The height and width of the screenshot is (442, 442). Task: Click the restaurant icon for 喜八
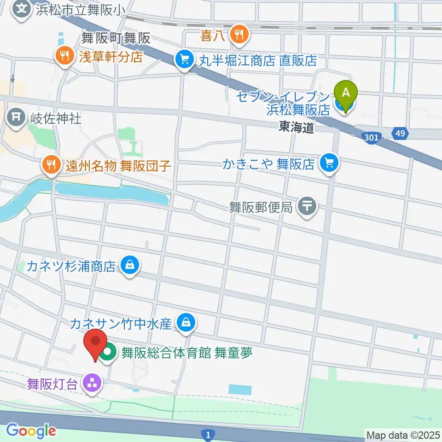(x=239, y=34)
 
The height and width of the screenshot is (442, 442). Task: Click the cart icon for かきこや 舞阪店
(x=329, y=164)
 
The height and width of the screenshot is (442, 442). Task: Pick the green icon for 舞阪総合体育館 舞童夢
(x=109, y=354)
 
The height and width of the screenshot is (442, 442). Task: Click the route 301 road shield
(x=370, y=137)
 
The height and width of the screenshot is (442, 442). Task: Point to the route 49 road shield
(x=400, y=134)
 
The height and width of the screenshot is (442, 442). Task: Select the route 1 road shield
(x=208, y=434)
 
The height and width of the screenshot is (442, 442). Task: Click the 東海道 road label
(x=296, y=128)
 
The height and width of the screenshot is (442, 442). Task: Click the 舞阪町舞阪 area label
(x=116, y=38)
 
